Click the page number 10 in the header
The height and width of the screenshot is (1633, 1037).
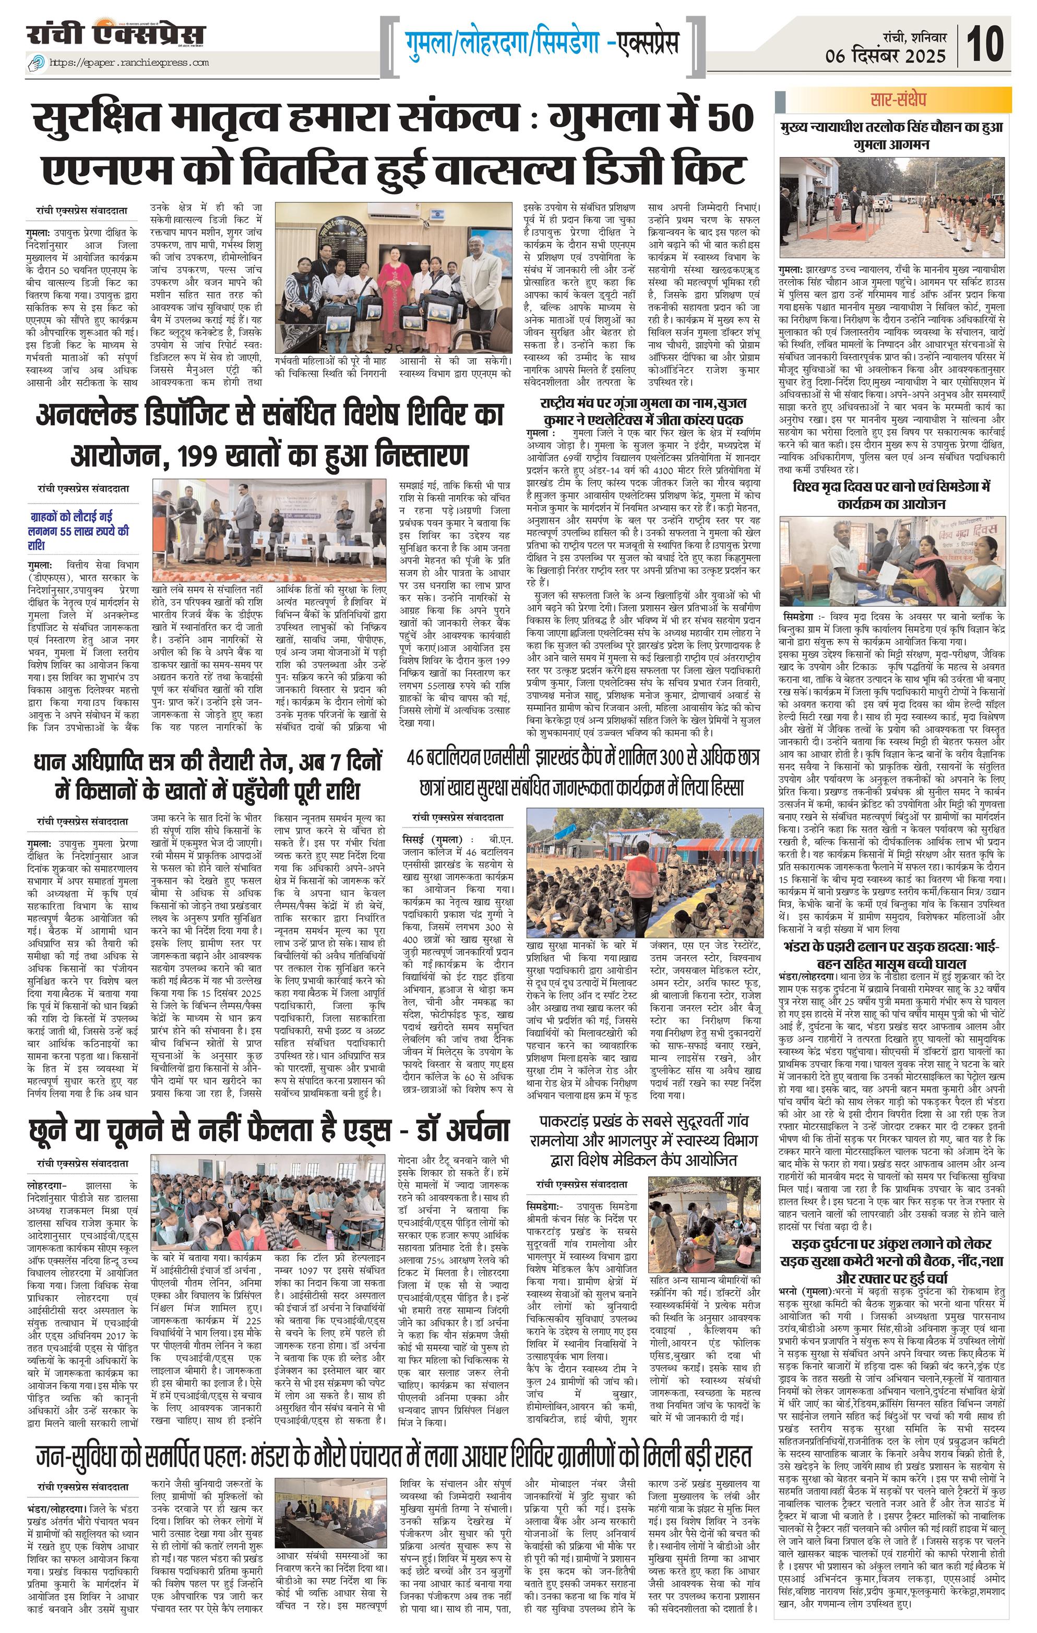pos(985,44)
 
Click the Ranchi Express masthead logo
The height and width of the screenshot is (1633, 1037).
pos(115,34)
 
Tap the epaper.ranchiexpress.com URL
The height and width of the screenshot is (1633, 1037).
pos(129,63)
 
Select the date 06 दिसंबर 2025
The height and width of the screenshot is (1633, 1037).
pos(885,56)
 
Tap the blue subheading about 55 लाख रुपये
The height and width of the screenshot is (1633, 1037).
pos(78,530)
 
